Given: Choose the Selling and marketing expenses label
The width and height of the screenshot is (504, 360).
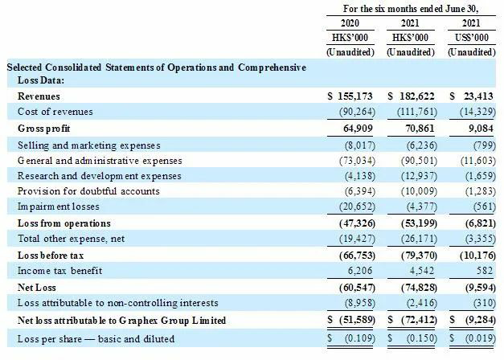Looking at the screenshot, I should (x=89, y=145).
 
